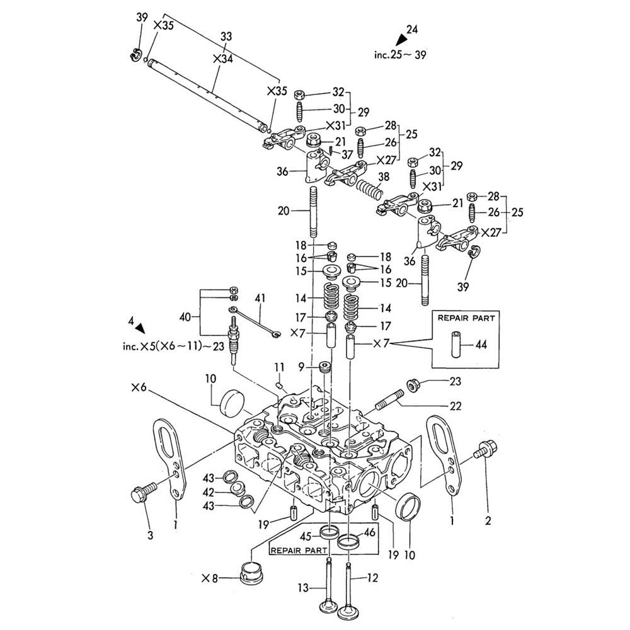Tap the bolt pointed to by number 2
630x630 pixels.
coord(486,452)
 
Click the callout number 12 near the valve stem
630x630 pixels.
coord(373,577)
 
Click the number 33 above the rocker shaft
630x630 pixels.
coord(226,37)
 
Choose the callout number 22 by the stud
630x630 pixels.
coord(454,406)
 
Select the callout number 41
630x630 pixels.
coord(261,297)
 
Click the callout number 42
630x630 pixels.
coord(209,492)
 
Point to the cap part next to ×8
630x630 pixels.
coord(250,572)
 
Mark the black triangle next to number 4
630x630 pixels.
coord(140,328)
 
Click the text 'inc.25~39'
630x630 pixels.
coord(400,55)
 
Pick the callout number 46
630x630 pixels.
coord(370,532)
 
